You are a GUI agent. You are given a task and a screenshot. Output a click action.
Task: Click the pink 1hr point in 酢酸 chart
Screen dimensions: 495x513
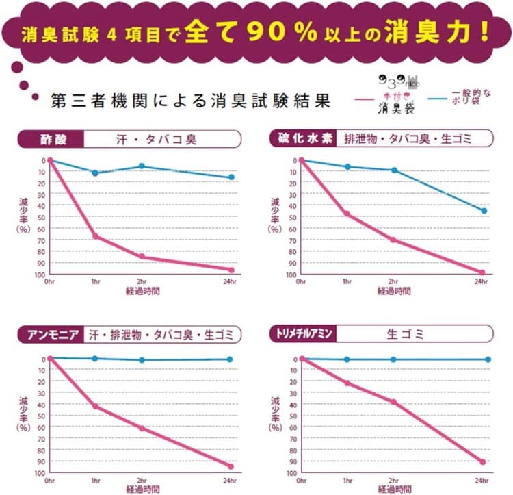pyautogui.click(x=95, y=237)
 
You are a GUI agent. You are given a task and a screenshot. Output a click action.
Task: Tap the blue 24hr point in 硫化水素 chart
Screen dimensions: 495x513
pyautogui.click(x=484, y=211)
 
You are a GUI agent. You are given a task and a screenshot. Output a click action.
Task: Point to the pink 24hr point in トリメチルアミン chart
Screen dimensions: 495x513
pyautogui.click(x=483, y=462)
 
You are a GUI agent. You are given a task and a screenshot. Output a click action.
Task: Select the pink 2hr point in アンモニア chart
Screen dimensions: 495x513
pyautogui.click(x=142, y=429)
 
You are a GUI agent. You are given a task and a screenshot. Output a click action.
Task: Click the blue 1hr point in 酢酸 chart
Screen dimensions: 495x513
pyautogui.click(x=95, y=173)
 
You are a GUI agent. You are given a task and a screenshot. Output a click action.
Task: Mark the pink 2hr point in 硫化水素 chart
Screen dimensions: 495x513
pyautogui.click(x=393, y=240)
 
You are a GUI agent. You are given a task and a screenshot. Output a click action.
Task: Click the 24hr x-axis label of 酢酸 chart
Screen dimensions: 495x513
pyautogui.click(x=231, y=281)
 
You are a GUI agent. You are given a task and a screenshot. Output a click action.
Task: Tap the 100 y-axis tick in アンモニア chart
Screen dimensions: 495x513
pyautogui.click(x=40, y=473)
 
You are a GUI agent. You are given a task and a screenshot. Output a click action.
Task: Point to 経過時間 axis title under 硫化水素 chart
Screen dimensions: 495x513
pyautogui.click(x=395, y=291)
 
